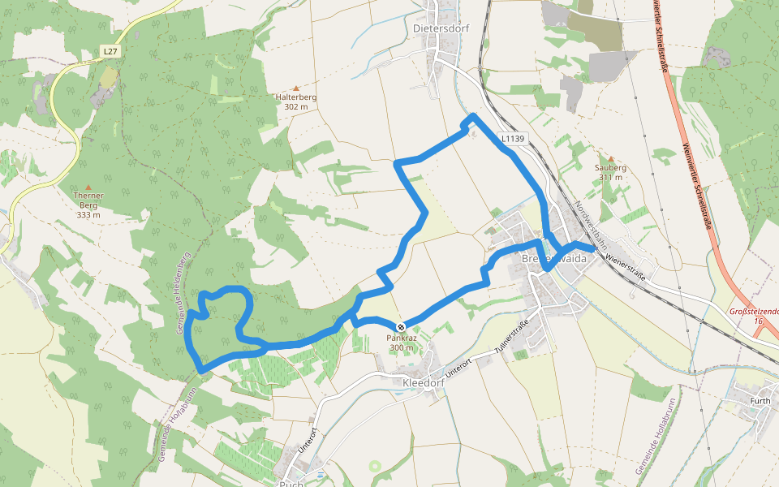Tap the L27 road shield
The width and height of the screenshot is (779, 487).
point(110,51)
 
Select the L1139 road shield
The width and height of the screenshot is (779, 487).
point(513,139)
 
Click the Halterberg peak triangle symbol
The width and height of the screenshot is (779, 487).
point(296,88)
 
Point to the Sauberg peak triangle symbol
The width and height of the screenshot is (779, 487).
point(611,158)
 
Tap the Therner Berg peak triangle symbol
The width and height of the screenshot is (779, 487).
point(88,187)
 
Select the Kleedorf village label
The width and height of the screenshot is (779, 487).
point(422,382)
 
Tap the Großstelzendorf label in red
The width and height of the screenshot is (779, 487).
point(754,311)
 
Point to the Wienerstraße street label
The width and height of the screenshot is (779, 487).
point(625,269)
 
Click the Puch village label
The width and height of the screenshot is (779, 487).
point(291,484)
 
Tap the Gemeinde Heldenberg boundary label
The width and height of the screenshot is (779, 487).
point(182,292)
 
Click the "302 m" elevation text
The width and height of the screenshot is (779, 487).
point(296,106)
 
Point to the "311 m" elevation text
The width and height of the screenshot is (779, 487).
point(611,177)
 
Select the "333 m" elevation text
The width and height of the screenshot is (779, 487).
point(88,215)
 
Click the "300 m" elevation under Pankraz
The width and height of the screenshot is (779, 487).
point(401,347)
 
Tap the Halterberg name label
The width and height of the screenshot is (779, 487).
point(296,97)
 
